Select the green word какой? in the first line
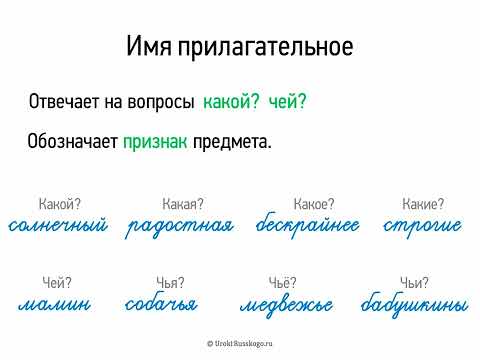(x=230, y=102)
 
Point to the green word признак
(x=155, y=142)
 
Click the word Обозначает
(x=73, y=142)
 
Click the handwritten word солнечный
(x=57, y=225)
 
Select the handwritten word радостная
(x=180, y=225)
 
